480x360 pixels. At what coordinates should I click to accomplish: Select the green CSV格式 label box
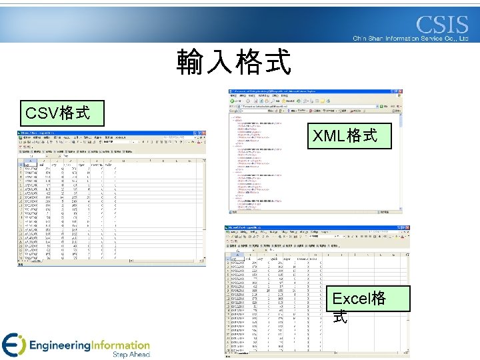(x=57, y=112)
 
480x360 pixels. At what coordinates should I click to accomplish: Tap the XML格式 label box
(x=345, y=137)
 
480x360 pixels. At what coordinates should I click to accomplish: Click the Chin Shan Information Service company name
(x=411, y=39)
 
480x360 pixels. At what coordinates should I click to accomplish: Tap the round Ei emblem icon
(x=14, y=345)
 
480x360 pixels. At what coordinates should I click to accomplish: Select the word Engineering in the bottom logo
(x=60, y=345)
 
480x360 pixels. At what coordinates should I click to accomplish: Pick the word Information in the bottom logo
(x=120, y=345)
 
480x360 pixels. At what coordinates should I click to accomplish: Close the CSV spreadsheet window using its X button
(x=203, y=133)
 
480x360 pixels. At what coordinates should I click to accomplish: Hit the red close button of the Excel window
(x=408, y=229)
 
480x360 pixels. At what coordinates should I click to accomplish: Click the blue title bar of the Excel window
(x=300, y=229)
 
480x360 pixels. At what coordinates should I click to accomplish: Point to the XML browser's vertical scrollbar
(x=400, y=160)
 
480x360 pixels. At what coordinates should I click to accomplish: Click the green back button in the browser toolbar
(x=233, y=101)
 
